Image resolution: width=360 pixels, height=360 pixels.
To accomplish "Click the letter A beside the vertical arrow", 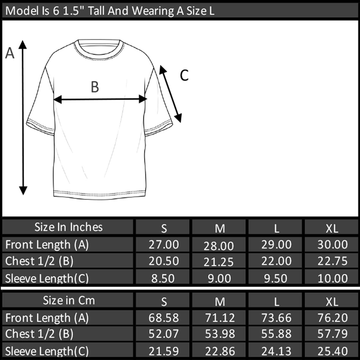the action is pos(10,53).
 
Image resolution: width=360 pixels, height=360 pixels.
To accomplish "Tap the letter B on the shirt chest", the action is pos(95,87).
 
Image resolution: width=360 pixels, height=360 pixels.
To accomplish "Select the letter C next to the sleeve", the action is pos(184,75).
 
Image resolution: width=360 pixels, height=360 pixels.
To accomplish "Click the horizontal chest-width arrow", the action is pos(100,99).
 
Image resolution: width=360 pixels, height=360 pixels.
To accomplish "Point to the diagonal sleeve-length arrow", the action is pos(171,94).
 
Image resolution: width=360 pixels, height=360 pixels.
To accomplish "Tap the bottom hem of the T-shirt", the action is pos(100,194).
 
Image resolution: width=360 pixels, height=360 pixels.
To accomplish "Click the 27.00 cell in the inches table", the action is pos(163,244).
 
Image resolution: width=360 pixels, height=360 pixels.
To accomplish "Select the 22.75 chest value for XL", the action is pos(332,261).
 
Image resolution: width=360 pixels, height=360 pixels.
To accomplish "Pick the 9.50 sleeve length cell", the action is pos(276,278).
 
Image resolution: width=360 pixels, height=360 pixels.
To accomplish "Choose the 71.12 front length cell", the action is pos(220,318).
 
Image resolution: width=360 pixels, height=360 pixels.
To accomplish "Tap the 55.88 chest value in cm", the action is pos(276,334).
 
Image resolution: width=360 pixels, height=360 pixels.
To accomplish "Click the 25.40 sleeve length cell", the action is pos(332,351).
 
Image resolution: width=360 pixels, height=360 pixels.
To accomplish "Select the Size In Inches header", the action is pos(68,227).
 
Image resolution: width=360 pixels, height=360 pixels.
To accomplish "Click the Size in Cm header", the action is pos(69,300).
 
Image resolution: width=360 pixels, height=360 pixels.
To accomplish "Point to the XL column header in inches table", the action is pos(332,228).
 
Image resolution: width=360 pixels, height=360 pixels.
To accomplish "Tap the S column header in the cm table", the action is pos(164,302).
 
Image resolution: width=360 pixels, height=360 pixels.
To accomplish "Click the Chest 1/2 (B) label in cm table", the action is pos(39,334).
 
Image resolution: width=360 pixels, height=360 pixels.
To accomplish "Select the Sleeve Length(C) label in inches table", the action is pos(47,278).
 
